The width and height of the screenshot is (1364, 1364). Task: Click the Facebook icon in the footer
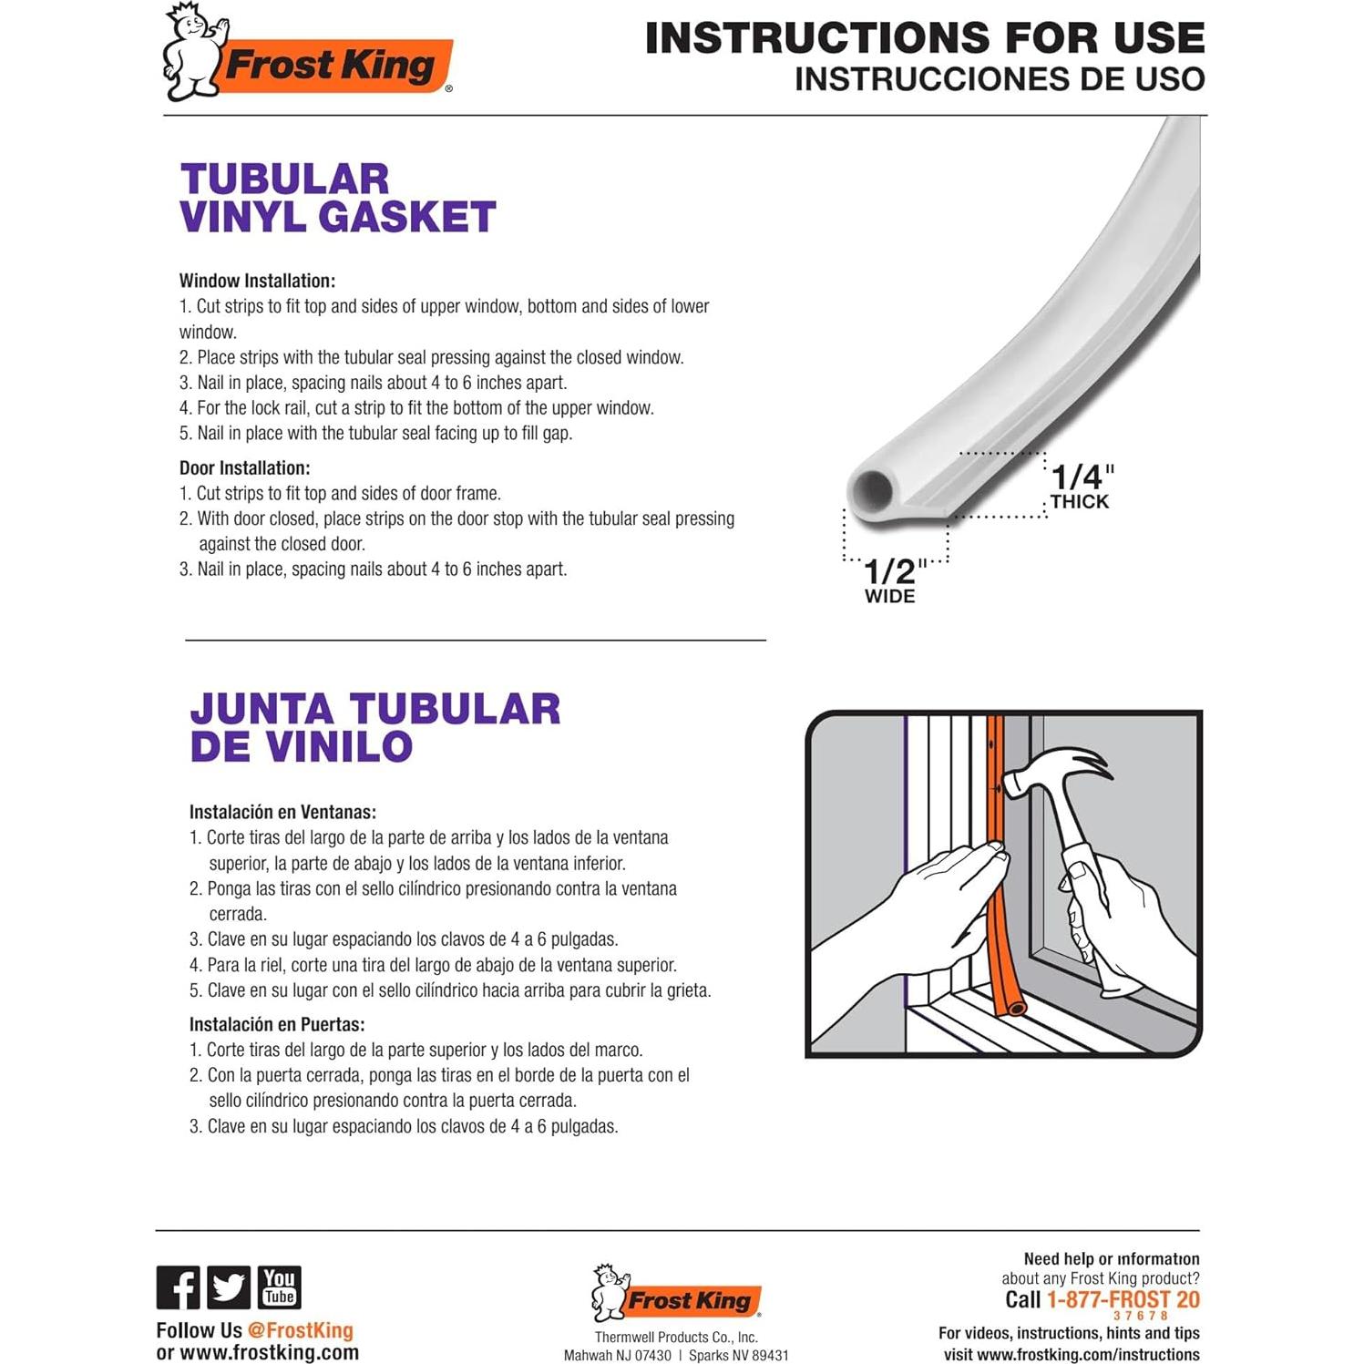coord(178,1287)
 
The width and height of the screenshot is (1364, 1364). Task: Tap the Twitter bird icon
coord(228,1287)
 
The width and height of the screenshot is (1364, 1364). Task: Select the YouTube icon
coord(279,1287)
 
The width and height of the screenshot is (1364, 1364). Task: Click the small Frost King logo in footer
coord(676,1294)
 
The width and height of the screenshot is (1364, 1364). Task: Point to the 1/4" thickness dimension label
coord(1081,486)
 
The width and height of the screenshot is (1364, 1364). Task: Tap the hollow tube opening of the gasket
coord(872,491)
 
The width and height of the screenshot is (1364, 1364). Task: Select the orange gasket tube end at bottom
coord(1015,1008)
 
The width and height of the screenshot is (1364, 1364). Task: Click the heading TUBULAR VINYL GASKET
coord(337,199)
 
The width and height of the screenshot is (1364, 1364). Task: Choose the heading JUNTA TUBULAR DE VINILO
coord(374,728)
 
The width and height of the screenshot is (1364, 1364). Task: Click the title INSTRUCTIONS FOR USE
coord(924,38)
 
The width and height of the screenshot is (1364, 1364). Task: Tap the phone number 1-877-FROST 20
coord(1123,1299)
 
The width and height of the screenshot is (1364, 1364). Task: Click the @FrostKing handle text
coord(300,1330)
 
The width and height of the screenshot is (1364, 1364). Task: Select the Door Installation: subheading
coord(244,468)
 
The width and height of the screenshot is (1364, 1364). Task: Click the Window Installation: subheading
coord(257,281)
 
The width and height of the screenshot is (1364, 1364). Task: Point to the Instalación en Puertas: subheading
coord(277,1024)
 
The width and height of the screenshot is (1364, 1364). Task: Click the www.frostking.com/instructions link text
coord(1087,1355)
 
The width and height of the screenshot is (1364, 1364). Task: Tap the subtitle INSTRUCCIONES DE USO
coord(999,79)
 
